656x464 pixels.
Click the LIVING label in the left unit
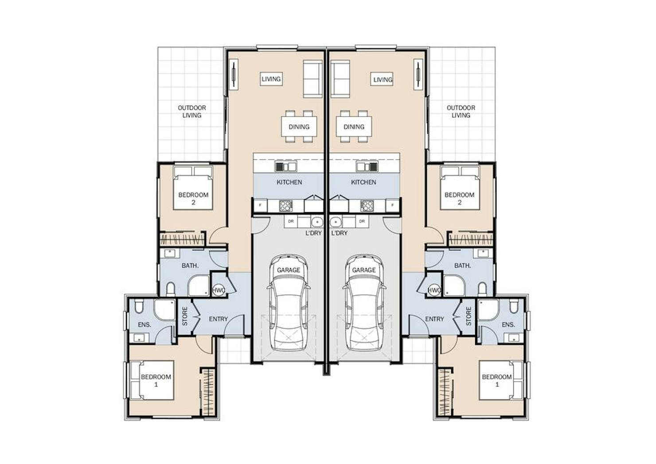(x=271, y=79)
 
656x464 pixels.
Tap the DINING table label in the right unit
(x=354, y=127)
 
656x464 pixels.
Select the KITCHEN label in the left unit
(x=289, y=182)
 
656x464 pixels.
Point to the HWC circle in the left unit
(x=219, y=290)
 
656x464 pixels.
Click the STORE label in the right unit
(x=469, y=316)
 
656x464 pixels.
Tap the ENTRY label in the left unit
(x=218, y=319)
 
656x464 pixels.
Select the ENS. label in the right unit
(x=508, y=324)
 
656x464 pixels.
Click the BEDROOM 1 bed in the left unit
(x=152, y=380)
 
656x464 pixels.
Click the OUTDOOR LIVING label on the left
(x=192, y=112)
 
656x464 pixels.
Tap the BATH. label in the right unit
(x=463, y=265)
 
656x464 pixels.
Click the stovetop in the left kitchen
(x=285, y=206)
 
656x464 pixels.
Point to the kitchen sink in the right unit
(x=367, y=167)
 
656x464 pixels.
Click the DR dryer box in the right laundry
(x=362, y=222)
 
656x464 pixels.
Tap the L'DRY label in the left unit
(x=314, y=233)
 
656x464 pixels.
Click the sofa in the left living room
(x=312, y=79)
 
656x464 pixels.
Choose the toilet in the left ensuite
(x=139, y=306)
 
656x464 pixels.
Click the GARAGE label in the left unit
(x=289, y=270)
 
